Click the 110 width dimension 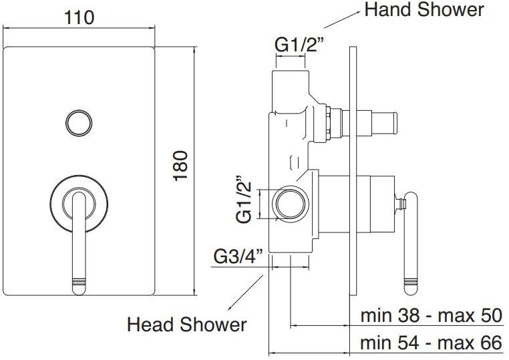click(79, 17)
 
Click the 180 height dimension click(180, 166)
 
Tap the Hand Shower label click(424, 10)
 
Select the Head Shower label click(186, 325)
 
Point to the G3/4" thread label click(238, 256)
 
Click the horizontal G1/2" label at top click(299, 45)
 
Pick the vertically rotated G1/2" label click(244, 200)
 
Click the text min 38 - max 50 click(431, 315)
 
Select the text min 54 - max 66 click(431, 343)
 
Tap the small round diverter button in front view click(79, 124)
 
